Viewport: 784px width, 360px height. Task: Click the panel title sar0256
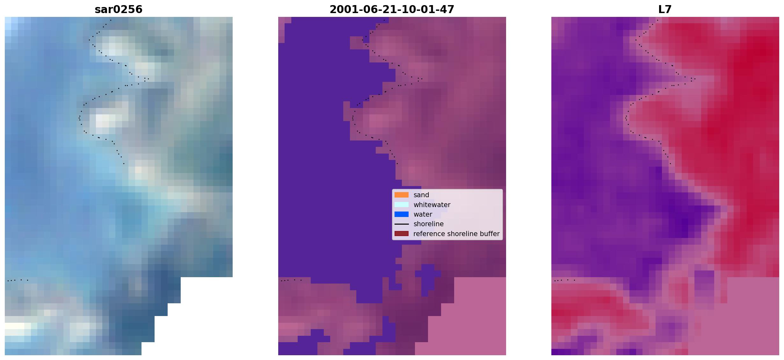coord(119,9)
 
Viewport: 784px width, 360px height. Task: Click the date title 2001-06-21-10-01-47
coord(392,9)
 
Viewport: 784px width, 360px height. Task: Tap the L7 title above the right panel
coord(665,9)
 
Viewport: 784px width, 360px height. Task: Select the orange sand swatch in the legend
coord(402,195)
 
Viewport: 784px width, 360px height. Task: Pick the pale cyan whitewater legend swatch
coord(402,205)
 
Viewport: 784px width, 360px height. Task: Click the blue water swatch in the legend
coord(402,214)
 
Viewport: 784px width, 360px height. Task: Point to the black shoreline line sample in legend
coord(402,224)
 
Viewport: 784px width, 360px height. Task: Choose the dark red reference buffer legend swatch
coord(402,234)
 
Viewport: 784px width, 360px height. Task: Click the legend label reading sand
coord(421,195)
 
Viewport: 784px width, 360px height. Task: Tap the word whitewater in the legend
coord(432,205)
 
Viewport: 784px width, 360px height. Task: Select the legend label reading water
coord(423,214)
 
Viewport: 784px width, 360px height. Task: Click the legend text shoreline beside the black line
coord(429,224)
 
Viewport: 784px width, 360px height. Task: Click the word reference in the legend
coord(429,234)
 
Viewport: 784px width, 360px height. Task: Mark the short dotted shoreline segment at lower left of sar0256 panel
coord(18,280)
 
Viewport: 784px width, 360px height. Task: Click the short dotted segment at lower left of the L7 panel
coord(564,280)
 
